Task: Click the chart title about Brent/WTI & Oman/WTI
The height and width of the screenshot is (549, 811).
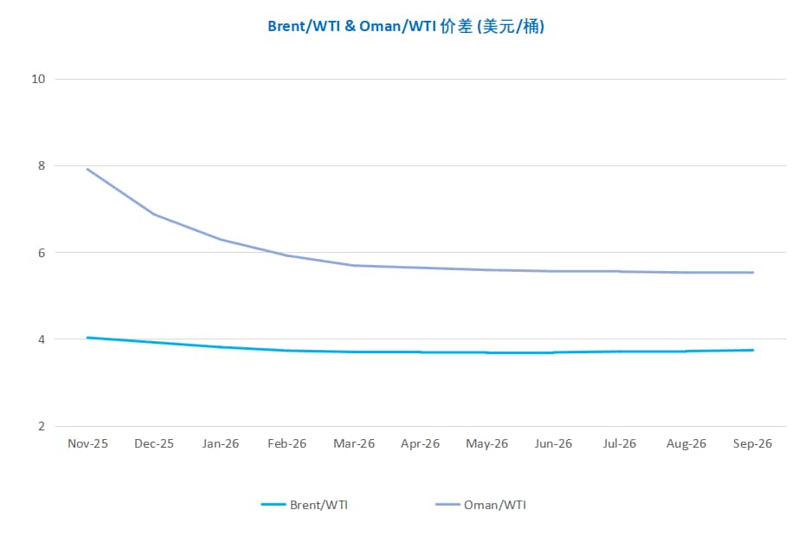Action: tap(405, 27)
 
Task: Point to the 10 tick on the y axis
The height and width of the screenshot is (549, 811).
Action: tap(37, 80)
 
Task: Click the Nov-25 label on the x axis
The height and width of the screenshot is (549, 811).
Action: tap(87, 443)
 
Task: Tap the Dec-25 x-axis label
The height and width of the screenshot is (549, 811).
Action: tap(154, 443)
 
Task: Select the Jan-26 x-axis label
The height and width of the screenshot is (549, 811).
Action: tap(221, 443)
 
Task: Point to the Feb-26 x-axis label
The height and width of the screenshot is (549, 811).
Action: tap(287, 443)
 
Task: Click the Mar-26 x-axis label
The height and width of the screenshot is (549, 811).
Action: tap(354, 443)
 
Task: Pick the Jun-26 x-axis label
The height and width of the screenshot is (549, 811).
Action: tap(553, 443)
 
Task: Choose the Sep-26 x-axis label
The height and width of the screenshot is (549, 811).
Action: tap(752, 443)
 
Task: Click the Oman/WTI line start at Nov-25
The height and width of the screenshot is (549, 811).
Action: tap(87, 169)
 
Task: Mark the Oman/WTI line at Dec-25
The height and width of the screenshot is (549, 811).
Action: tap(154, 214)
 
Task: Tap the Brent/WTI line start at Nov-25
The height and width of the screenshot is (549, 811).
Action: tap(87, 338)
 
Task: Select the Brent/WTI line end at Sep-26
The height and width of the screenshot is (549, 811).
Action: tap(752, 350)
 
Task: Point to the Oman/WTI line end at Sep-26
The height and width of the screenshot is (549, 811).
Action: tap(752, 273)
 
